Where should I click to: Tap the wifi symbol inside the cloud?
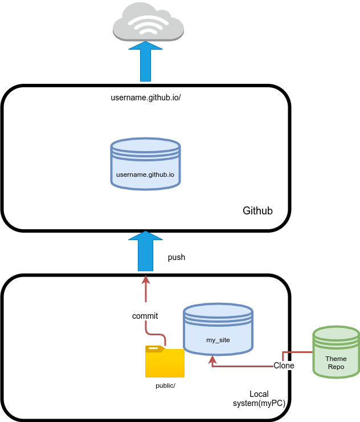(x=149, y=23)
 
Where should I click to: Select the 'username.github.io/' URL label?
(x=145, y=98)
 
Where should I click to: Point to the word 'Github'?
(x=257, y=211)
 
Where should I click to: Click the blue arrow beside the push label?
(x=146, y=251)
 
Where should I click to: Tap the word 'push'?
(x=177, y=258)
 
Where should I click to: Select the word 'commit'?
(x=145, y=316)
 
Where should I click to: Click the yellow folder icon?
(x=165, y=362)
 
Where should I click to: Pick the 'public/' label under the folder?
(x=166, y=386)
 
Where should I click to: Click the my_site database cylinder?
(x=218, y=331)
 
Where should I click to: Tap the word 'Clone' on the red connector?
(x=284, y=366)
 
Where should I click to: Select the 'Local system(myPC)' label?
(x=259, y=399)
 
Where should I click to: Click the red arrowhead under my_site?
(x=212, y=360)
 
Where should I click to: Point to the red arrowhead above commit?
(x=146, y=279)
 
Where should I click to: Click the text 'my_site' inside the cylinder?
(x=218, y=340)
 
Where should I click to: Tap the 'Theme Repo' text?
(x=336, y=363)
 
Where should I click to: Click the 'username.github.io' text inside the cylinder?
(x=145, y=174)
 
